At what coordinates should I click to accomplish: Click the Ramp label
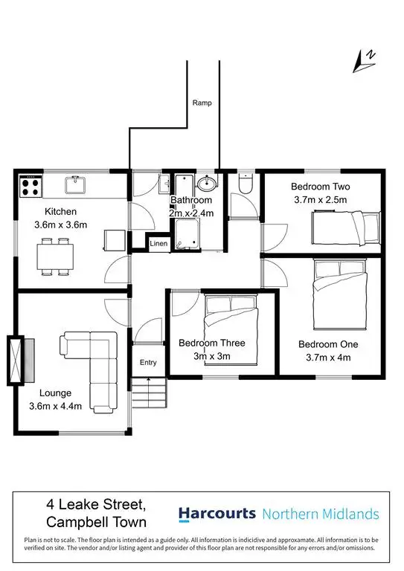click(x=202, y=103)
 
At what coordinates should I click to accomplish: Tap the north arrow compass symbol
click(x=365, y=60)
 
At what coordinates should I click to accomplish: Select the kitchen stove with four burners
click(x=30, y=186)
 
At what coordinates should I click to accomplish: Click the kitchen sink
click(x=77, y=184)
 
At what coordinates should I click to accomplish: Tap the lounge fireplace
click(x=17, y=361)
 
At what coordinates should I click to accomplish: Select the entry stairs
click(x=149, y=392)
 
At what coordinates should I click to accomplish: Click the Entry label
click(x=149, y=362)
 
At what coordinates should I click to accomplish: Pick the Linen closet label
click(x=158, y=243)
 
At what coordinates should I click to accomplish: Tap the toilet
click(x=245, y=183)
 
